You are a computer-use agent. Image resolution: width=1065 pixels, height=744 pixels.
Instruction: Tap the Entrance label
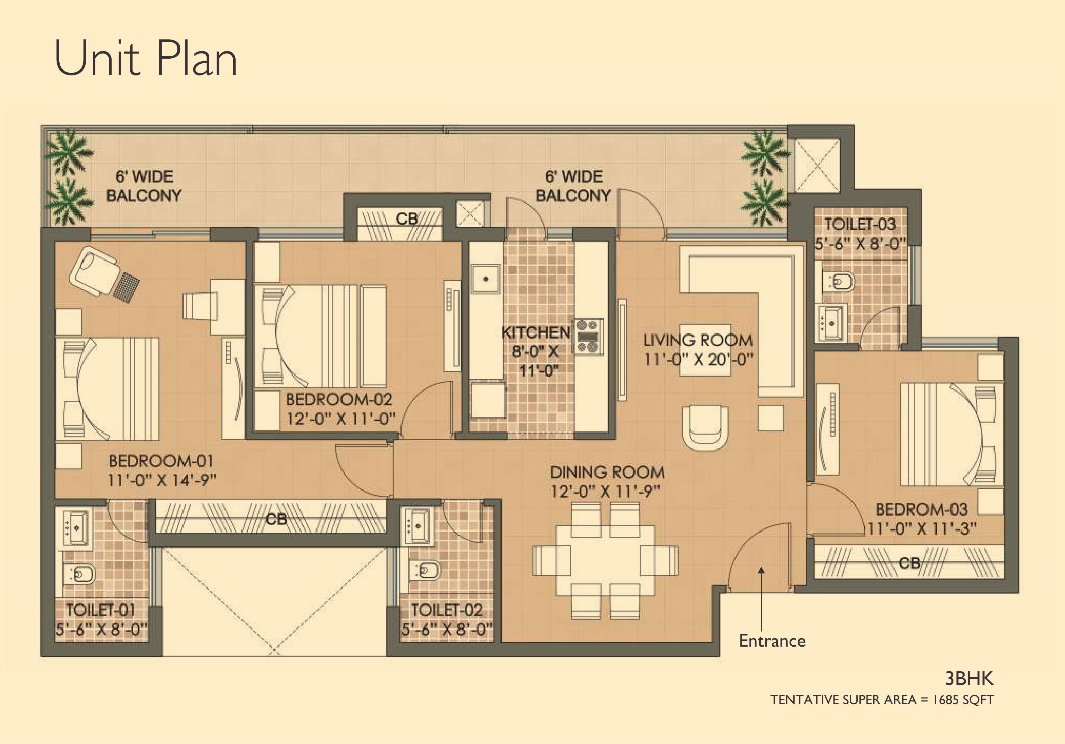pos(772,641)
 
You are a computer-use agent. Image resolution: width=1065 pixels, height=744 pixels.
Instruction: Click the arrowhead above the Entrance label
pos(761,570)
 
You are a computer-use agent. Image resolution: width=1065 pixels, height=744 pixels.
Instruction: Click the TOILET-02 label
pos(446,610)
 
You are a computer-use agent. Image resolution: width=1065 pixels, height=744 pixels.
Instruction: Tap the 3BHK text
pos(969,679)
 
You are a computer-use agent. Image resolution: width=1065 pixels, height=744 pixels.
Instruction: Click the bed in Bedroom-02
pos(320,335)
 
